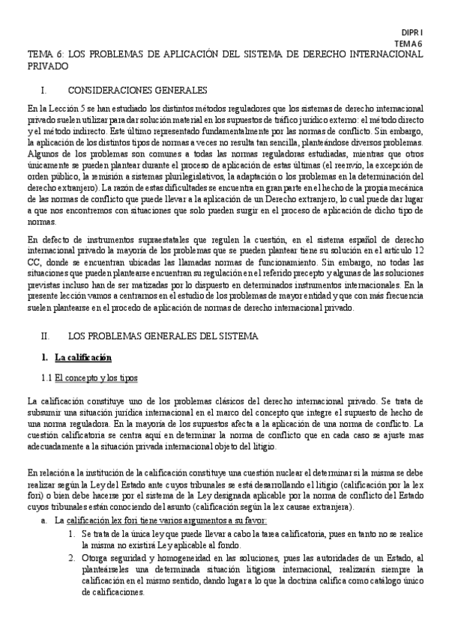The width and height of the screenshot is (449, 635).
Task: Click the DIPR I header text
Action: (412, 34)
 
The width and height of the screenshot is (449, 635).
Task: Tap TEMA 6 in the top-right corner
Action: (409, 45)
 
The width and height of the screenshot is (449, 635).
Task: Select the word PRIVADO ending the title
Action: (46, 66)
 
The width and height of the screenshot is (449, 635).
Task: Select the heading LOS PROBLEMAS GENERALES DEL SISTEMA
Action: (163, 336)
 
